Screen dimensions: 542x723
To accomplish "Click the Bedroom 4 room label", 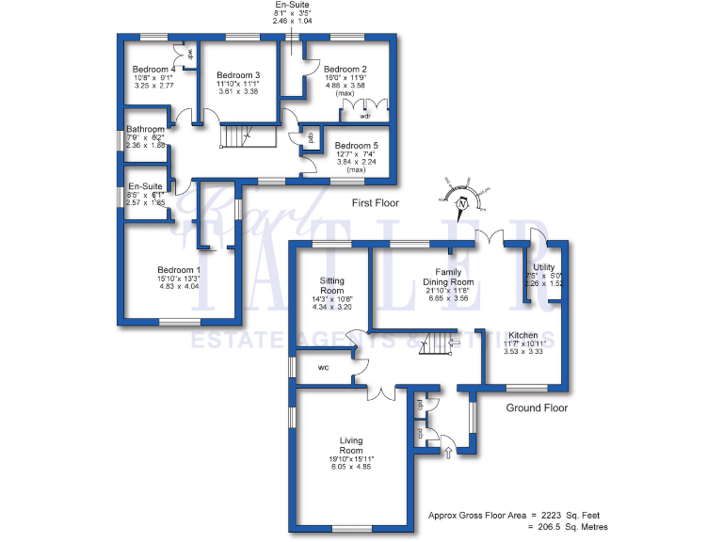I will [154, 70].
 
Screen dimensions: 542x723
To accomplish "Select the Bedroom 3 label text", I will [237, 75].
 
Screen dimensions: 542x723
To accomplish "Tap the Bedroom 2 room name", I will [345, 70].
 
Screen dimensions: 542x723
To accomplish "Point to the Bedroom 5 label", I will [356, 146].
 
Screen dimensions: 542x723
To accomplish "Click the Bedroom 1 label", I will [179, 270].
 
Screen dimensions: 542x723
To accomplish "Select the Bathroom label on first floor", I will [146, 130].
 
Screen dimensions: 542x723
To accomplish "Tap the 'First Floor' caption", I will [375, 202].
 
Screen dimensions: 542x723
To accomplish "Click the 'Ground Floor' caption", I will [537, 408].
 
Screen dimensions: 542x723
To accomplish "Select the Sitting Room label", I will [332, 286].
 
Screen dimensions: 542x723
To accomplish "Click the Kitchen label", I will [522, 335].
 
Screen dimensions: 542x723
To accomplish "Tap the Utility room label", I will [543, 267].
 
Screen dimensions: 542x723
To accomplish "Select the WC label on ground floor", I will [323, 368].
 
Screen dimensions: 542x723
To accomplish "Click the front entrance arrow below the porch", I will [447, 454].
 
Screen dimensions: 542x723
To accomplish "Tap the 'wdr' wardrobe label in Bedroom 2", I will [364, 116].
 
